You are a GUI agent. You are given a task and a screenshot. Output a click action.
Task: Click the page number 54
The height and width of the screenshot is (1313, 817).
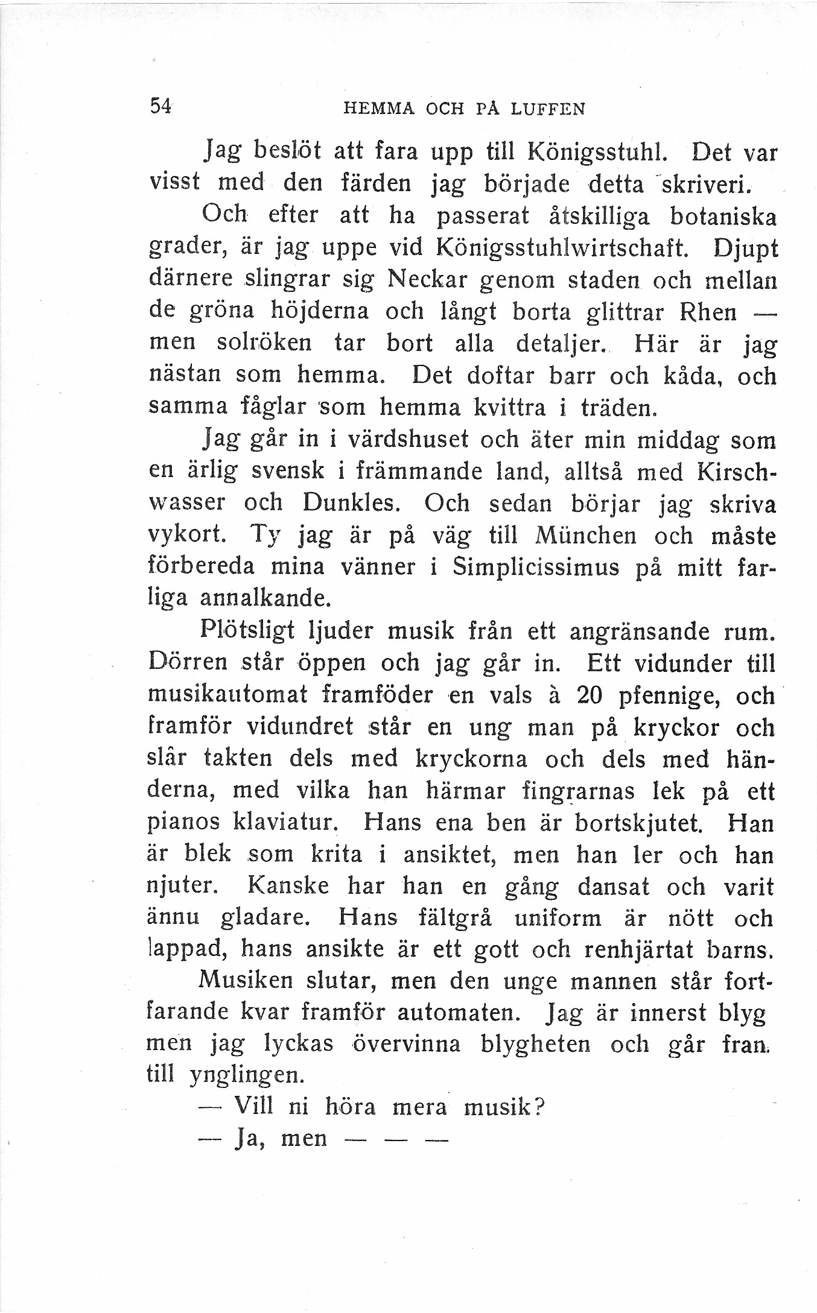point(161,106)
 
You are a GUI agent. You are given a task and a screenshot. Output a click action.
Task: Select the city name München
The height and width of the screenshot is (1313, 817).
point(585,534)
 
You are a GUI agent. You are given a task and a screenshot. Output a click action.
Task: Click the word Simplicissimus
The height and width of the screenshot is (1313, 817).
point(536,567)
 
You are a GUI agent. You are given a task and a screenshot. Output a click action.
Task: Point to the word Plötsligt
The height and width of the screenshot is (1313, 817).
point(247,631)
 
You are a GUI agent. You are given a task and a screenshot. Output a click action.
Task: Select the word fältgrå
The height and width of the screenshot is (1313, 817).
point(455,918)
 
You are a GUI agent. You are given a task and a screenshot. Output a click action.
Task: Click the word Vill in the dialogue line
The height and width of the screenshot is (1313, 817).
point(253,1106)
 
